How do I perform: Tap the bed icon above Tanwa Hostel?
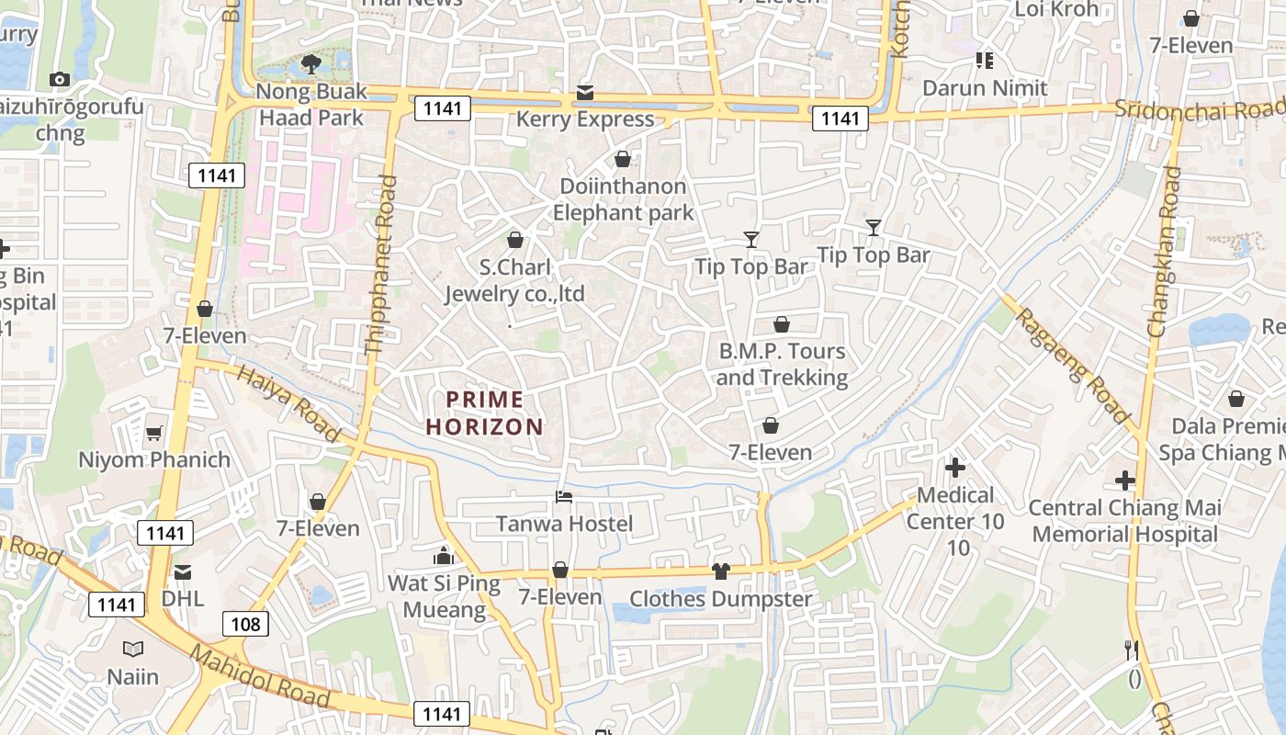tap(564, 497)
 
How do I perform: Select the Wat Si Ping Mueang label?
tap(436, 596)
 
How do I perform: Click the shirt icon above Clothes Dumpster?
tap(720, 571)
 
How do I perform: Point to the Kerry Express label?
tap(585, 119)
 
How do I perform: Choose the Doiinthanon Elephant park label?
tap(623, 199)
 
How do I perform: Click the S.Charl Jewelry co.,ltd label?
tap(515, 280)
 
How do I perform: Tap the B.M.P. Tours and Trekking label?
tap(782, 364)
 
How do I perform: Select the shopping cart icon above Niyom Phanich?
tap(154, 433)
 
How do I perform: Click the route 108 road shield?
tap(245, 625)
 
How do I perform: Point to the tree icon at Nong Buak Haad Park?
tap(310, 64)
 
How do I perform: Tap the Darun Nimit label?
tap(985, 88)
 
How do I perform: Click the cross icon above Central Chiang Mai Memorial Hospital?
tap(1124, 481)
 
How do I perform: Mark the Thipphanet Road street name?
tap(380, 266)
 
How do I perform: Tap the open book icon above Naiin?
tap(133, 650)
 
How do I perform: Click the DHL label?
tap(182, 598)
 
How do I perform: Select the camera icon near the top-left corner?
tap(60, 80)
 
